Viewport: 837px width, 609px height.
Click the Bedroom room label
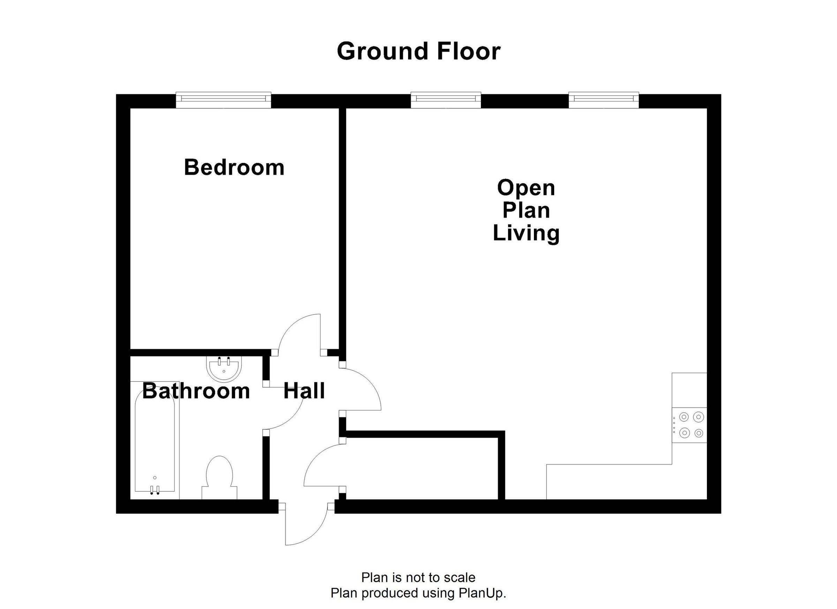pos(234,167)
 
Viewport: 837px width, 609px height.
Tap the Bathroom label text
pos(196,391)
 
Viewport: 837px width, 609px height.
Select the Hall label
pos(304,391)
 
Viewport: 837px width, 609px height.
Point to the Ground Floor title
pos(418,51)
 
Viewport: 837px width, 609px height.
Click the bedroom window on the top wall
pos(223,100)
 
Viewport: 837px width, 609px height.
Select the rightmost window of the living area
pos(603,100)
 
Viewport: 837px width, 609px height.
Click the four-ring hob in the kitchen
pos(689,425)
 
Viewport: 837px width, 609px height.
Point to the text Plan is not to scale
pos(418,577)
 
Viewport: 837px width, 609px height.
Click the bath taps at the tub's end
pos(154,490)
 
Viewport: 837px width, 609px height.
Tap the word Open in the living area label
pos(526,188)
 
